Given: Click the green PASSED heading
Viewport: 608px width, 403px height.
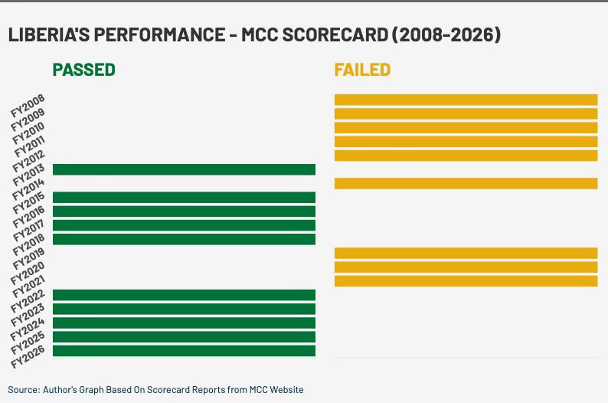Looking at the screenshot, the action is click(x=83, y=70).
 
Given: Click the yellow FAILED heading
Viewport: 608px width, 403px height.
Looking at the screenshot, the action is click(x=362, y=70).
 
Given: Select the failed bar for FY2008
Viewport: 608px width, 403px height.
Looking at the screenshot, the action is click(x=466, y=100).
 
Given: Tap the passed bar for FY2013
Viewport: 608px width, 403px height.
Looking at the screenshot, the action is click(x=184, y=169).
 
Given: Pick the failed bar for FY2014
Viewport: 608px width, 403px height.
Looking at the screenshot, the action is click(x=466, y=183).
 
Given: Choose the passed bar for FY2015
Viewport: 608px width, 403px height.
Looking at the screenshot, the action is click(x=184, y=198).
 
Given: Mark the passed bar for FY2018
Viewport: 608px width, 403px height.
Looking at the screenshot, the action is click(x=184, y=239).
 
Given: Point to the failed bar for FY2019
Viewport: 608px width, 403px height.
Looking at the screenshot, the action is click(x=466, y=254).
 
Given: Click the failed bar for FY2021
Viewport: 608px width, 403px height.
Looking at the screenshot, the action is click(x=466, y=281).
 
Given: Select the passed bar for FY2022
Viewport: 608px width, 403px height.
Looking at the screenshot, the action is click(x=184, y=295).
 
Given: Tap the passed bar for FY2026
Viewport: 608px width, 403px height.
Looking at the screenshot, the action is click(x=184, y=351).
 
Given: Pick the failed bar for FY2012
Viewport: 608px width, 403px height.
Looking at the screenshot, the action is click(x=466, y=156).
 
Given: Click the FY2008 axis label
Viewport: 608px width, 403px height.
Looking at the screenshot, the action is click(x=28, y=106).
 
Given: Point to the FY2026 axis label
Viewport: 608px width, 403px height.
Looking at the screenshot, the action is click(x=28, y=357).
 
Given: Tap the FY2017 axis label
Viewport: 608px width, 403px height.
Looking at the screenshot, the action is click(x=28, y=231).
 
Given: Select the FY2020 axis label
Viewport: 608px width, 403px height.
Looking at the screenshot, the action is click(x=28, y=273).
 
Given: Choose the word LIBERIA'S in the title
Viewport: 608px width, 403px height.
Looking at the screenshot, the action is click(x=49, y=34).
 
